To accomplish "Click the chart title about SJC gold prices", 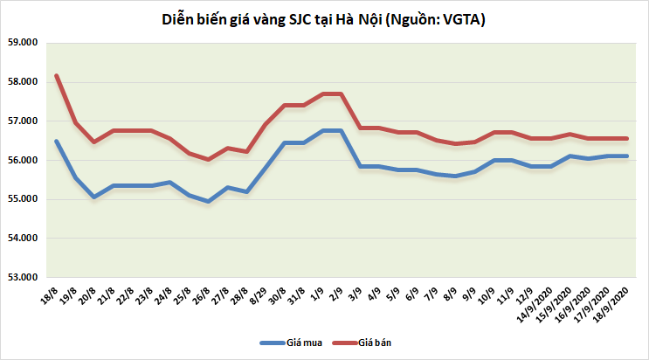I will coord(324,18).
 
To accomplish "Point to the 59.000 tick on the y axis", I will coord(24,43).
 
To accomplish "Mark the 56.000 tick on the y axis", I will coord(24,161).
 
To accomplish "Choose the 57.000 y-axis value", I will coord(24,121).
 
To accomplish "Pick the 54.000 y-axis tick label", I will coord(24,239).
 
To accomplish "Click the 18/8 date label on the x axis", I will coord(51,294).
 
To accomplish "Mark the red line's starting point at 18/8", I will coord(57,75).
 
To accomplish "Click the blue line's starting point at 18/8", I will coord(57,141).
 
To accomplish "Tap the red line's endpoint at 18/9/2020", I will coord(627,138).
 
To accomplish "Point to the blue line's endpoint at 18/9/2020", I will coord(627,156).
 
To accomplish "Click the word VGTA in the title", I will coord(460,18).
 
